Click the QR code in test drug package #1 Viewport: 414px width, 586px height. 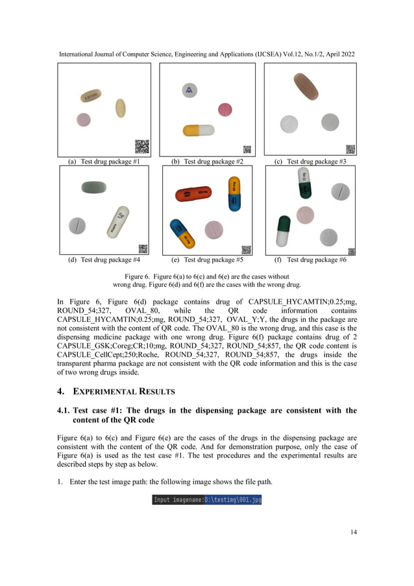tap(141, 147)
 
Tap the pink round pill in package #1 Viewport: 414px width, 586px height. tap(83, 119)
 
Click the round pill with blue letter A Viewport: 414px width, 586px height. tap(189, 90)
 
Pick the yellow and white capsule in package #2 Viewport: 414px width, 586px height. tap(199, 130)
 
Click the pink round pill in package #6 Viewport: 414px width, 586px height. tap(305, 214)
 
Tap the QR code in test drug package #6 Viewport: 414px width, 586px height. tap(351, 251)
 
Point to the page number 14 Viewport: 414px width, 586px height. tap(353, 532)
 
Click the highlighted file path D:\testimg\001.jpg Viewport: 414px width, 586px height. tap(232, 500)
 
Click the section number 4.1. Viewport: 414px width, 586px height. tap(64, 410)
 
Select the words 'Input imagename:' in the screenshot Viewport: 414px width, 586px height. tap(178, 500)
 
